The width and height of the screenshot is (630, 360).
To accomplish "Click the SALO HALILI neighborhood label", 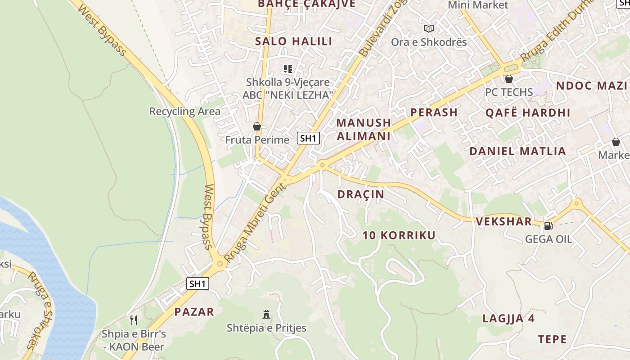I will [293, 41].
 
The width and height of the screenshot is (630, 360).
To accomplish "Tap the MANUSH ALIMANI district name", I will [364, 129].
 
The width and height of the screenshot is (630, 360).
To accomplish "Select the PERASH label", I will [434, 112].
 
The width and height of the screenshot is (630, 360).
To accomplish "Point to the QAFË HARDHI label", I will [527, 112].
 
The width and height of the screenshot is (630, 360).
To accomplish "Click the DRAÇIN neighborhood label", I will [360, 194].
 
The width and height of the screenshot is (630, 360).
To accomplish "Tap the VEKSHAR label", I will [504, 221].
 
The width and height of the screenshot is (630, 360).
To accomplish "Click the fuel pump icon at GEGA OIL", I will [548, 226].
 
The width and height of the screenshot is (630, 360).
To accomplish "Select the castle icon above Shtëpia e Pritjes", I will [266, 315].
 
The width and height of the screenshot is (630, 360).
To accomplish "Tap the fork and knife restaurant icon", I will [134, 320].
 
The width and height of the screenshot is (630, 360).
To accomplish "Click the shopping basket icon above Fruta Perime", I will [257, 126].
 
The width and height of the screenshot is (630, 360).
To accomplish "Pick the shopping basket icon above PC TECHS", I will [509, 79].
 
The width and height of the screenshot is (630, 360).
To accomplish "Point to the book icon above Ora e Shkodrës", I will [429, 28].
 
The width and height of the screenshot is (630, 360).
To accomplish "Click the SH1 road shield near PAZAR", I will [198, 283].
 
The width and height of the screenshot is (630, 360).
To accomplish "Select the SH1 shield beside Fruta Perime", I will [308, 138].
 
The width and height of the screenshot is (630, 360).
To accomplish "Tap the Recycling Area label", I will [185, 111].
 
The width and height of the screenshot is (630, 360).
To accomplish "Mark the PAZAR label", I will [194, 311].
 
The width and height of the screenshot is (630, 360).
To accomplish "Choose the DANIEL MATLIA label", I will [517, 151].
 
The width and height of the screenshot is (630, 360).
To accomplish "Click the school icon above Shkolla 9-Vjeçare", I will [288, 69].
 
